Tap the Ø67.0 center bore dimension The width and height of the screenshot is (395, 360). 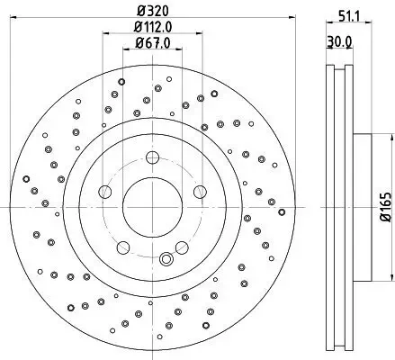click(152, 42)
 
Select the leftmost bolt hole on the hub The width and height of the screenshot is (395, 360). click(105, 192)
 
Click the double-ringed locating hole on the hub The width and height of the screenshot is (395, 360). click(166, 261)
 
